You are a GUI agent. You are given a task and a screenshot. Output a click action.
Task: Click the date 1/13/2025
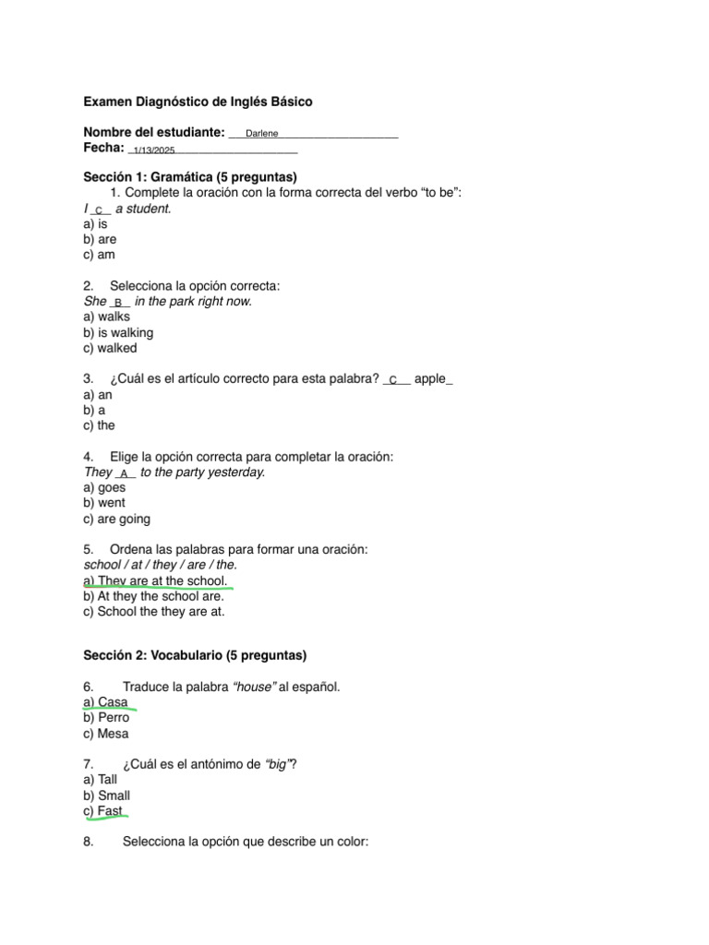point(154,150)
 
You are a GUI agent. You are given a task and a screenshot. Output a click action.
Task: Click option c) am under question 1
point(99,255)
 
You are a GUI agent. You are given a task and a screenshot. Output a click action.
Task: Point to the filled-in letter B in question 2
point(118,303)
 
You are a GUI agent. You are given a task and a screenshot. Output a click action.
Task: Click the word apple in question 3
point(430,379)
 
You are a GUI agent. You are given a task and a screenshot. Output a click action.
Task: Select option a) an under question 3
point(97,395)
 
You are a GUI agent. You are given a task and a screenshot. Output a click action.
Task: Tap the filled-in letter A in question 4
point(124,473)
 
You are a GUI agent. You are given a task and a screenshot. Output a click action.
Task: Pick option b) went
point(103,503)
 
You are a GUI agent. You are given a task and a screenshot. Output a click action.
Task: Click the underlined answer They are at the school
point(155,580)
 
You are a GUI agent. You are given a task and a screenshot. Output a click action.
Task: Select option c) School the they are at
point(153,611)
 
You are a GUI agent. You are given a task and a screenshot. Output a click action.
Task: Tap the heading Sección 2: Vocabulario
point(195,655)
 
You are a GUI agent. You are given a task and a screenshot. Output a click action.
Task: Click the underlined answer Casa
point(106,702)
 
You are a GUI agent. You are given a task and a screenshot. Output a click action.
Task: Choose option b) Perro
point(106,718)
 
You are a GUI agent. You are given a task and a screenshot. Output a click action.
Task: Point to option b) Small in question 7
point(106,795)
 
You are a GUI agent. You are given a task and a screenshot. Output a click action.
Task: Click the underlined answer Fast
point(103,811)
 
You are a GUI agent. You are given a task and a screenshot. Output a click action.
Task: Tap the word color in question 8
point(351,842)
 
